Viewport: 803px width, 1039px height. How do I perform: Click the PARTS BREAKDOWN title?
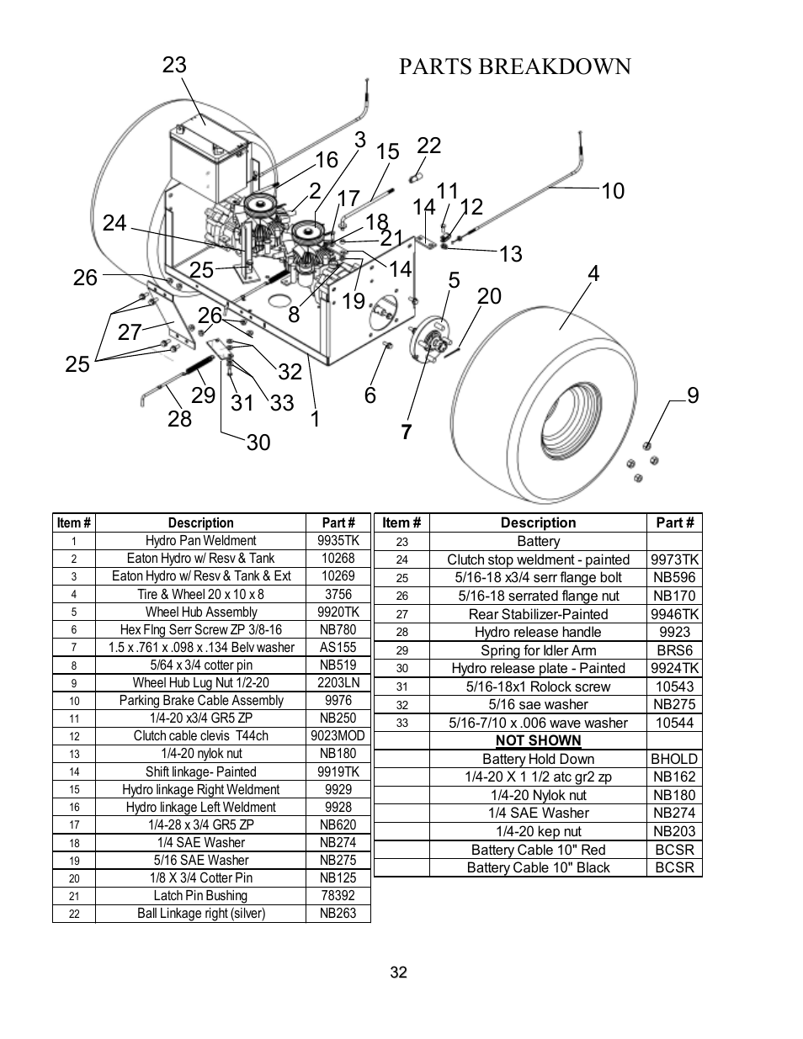coord(514,66)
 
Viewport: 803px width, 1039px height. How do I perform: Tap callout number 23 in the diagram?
coord(174,65)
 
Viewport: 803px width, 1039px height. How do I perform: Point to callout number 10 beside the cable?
coord(613,191)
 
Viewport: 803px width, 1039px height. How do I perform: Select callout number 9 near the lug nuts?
coord(693,395)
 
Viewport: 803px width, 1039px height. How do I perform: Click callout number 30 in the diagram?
coord(258,443)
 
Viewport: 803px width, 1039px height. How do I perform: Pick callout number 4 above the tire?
coord(593,274)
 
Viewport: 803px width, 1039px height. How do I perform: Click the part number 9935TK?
coord(338,541)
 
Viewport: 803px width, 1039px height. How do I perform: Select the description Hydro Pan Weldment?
coord(200,541)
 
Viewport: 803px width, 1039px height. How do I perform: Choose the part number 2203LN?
coord(338,683)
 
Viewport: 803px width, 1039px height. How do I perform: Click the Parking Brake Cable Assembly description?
coord(200,701)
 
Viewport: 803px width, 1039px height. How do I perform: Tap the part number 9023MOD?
coord(338,736)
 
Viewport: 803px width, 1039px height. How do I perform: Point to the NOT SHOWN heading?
coord(538,740)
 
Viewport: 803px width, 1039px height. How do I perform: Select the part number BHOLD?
coord(674,759)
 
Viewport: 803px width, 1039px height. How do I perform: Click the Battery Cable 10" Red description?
coord(538,850)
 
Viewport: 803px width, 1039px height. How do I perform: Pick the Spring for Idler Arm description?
coord(538,650)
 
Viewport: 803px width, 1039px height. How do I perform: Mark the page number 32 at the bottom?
coord(399,973)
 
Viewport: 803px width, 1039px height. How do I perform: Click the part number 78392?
coord(338,896)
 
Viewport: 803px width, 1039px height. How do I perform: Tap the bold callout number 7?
coord(407,432)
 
